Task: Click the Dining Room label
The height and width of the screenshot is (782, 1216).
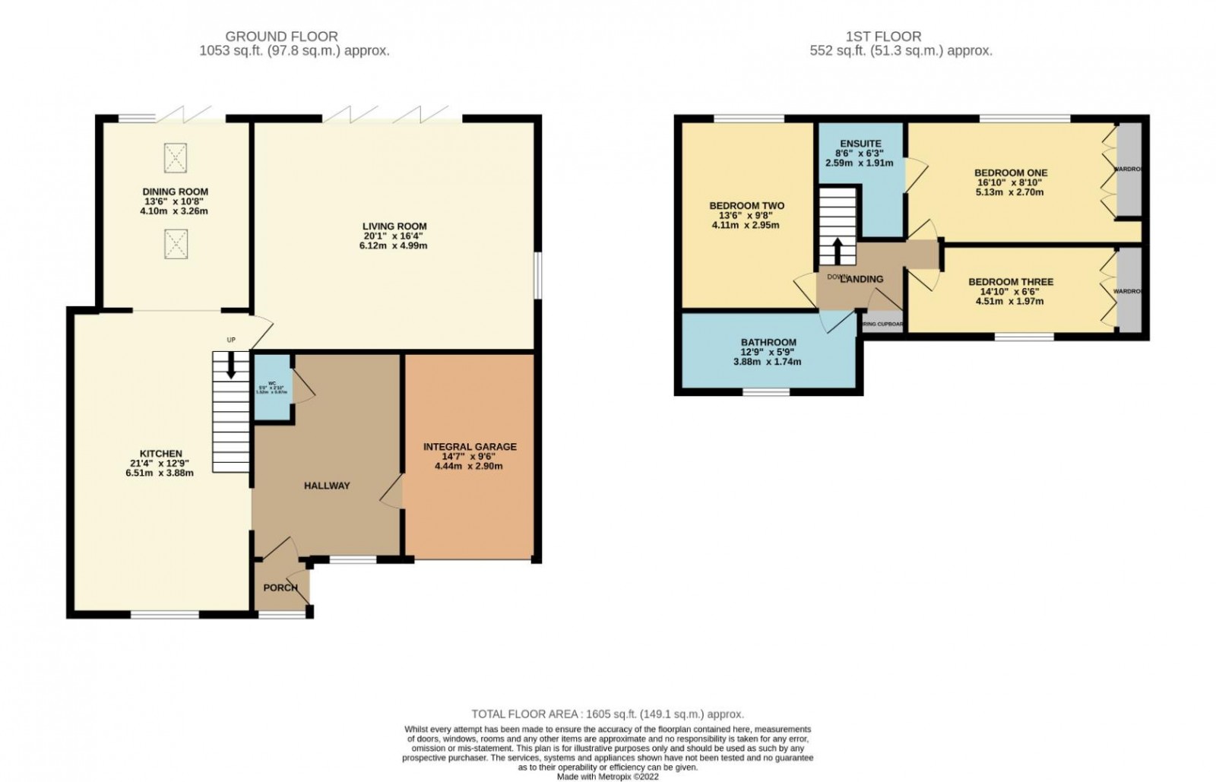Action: click(175, 192)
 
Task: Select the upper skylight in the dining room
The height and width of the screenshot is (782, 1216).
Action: click(176, 157)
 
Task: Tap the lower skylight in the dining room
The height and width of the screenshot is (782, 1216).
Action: click(176, 245)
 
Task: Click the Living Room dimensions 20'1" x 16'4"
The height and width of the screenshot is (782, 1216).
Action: click(394, 236)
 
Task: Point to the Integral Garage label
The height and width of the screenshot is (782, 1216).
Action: click(470, 447)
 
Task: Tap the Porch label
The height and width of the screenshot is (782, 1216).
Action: click(280, 587)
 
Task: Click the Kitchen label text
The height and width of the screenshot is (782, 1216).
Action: click(160, 454)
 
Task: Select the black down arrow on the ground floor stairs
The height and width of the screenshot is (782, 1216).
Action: click(230, 369)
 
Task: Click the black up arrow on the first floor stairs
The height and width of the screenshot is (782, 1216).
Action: click(838, 250)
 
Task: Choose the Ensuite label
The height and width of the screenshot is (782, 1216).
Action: click(860, 144)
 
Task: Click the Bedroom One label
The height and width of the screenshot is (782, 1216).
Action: click(1010, 173)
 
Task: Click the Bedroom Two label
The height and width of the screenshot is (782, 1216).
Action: click(746, 206)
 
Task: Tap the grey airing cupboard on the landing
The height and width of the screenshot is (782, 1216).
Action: click(882, 323)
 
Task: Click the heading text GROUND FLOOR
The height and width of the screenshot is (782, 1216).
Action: click(282, 36)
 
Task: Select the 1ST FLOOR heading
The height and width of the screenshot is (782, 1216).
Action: click(883, 36)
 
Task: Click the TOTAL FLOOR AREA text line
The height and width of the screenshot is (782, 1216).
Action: click(607, 714)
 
